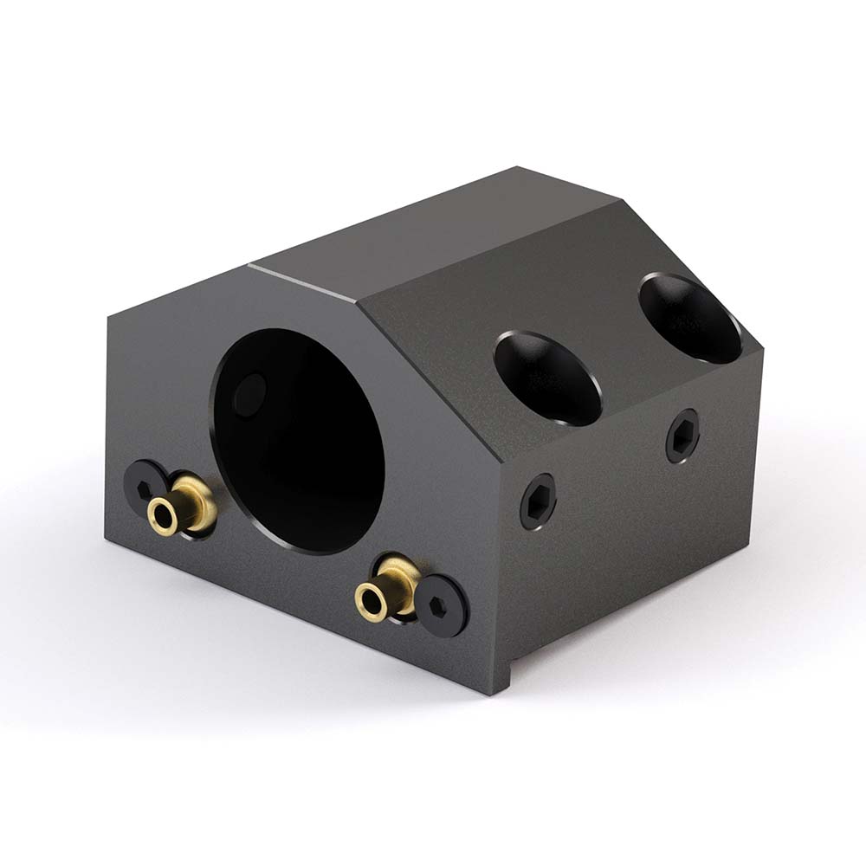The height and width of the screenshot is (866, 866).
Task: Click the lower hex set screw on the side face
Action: point(537,501)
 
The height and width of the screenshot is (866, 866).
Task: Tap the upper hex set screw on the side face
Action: point(682,436)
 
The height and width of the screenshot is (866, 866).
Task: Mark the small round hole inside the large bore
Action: point(250,394)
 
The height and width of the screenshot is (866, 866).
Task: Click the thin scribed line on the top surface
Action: point(303,281)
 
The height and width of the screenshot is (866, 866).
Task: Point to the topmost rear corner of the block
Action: point(517,167)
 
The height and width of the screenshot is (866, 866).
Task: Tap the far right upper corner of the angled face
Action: point(763,348)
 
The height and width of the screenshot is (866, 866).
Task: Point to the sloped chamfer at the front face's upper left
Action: point(178,290)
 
